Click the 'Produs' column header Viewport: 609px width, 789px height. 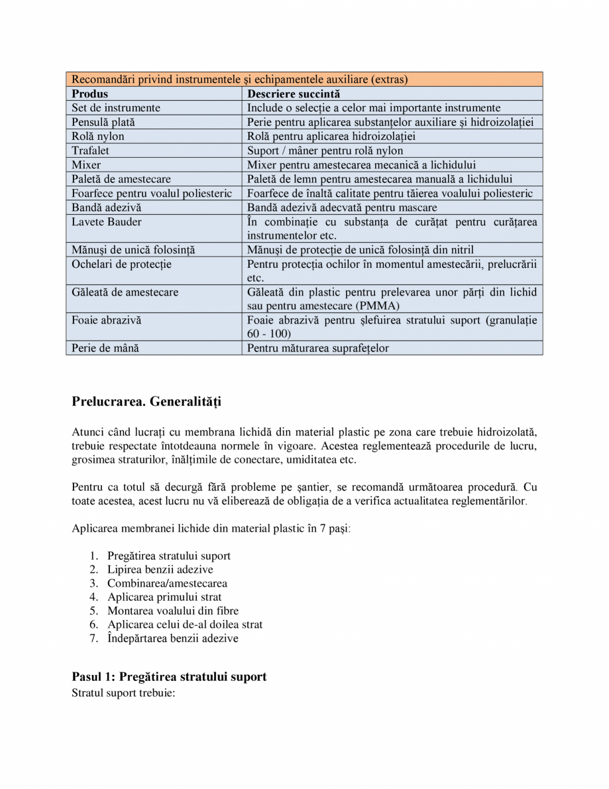tap(89, 93)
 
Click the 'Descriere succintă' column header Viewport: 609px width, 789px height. tap(293, 93)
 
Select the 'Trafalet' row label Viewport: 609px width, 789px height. tap(91, 151)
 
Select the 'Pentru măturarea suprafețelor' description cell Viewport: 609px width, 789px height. tap(318, 348)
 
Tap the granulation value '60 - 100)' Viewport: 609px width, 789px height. tap(269, 334)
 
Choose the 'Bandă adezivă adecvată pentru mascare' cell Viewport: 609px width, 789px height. tap(342, 208)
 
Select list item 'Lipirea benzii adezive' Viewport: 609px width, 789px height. tap(160, 570)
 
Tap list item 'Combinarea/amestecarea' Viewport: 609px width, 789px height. tap(167, 583)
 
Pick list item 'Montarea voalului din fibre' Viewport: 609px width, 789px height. tap(172, 611)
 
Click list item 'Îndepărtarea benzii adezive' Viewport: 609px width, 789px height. tap(172, 638)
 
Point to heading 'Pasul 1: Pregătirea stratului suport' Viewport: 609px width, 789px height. tap(169, 677)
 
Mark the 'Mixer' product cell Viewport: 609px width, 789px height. tap(86, 164)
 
